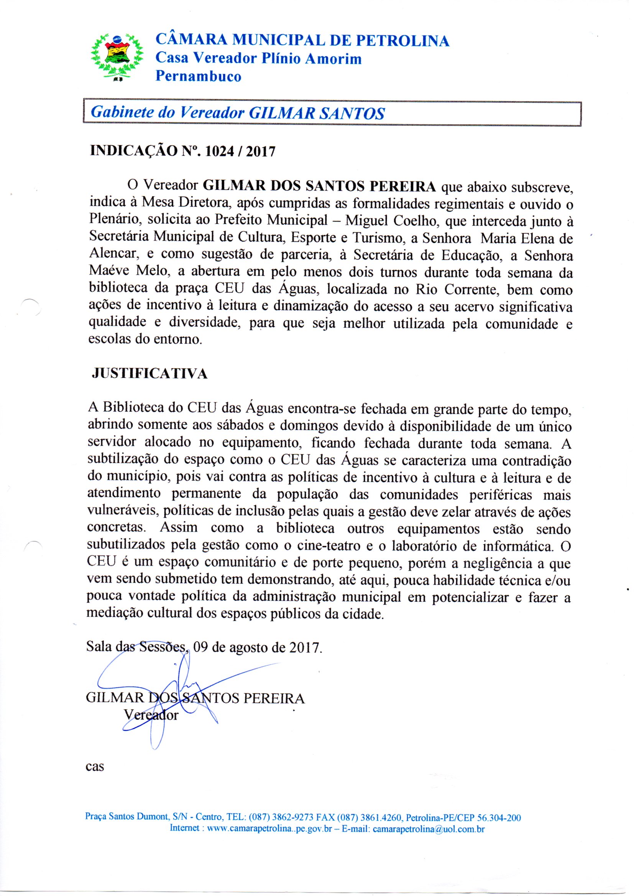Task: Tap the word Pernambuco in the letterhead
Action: click(x=198, y=76)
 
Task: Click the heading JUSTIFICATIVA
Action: click(x=149, y=374)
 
